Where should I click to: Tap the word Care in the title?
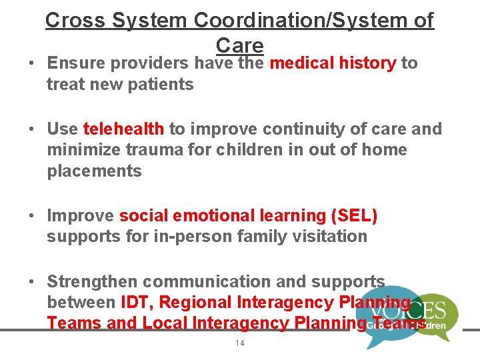[x=240, y=45]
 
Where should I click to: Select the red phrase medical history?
[x=333, y=63]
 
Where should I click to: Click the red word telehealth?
[x=123, y=129]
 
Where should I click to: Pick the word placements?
[x=94, y=171]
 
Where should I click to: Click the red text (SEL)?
[x=352, y=215]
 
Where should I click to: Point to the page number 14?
[x=240, y=343]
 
